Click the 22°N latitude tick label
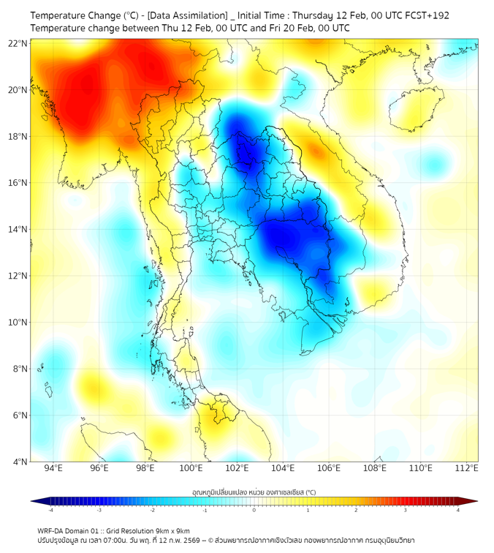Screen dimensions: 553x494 point(18,43)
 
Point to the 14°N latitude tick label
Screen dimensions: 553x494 point(18,230)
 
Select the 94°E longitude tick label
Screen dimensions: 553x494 point(53,468)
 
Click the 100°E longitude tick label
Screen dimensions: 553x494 point(191,468)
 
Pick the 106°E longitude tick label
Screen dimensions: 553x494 point(329,468)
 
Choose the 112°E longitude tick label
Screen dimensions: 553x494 point(466,468)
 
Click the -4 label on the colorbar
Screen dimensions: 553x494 point(50,510)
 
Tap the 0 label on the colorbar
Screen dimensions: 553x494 point(254,510)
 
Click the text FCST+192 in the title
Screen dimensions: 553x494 point(426,15)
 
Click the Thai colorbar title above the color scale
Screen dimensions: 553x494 point(254,492)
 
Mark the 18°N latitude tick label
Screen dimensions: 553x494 point(18,137)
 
